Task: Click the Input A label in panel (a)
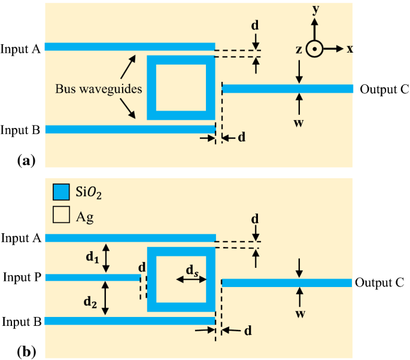(20, 49)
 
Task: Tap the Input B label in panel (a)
(20, 130)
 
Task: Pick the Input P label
(21, 277)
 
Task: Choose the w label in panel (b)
(299, 310)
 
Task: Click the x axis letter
(350, 49)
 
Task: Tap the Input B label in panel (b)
(21, 322)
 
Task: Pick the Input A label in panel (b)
(21, 238)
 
